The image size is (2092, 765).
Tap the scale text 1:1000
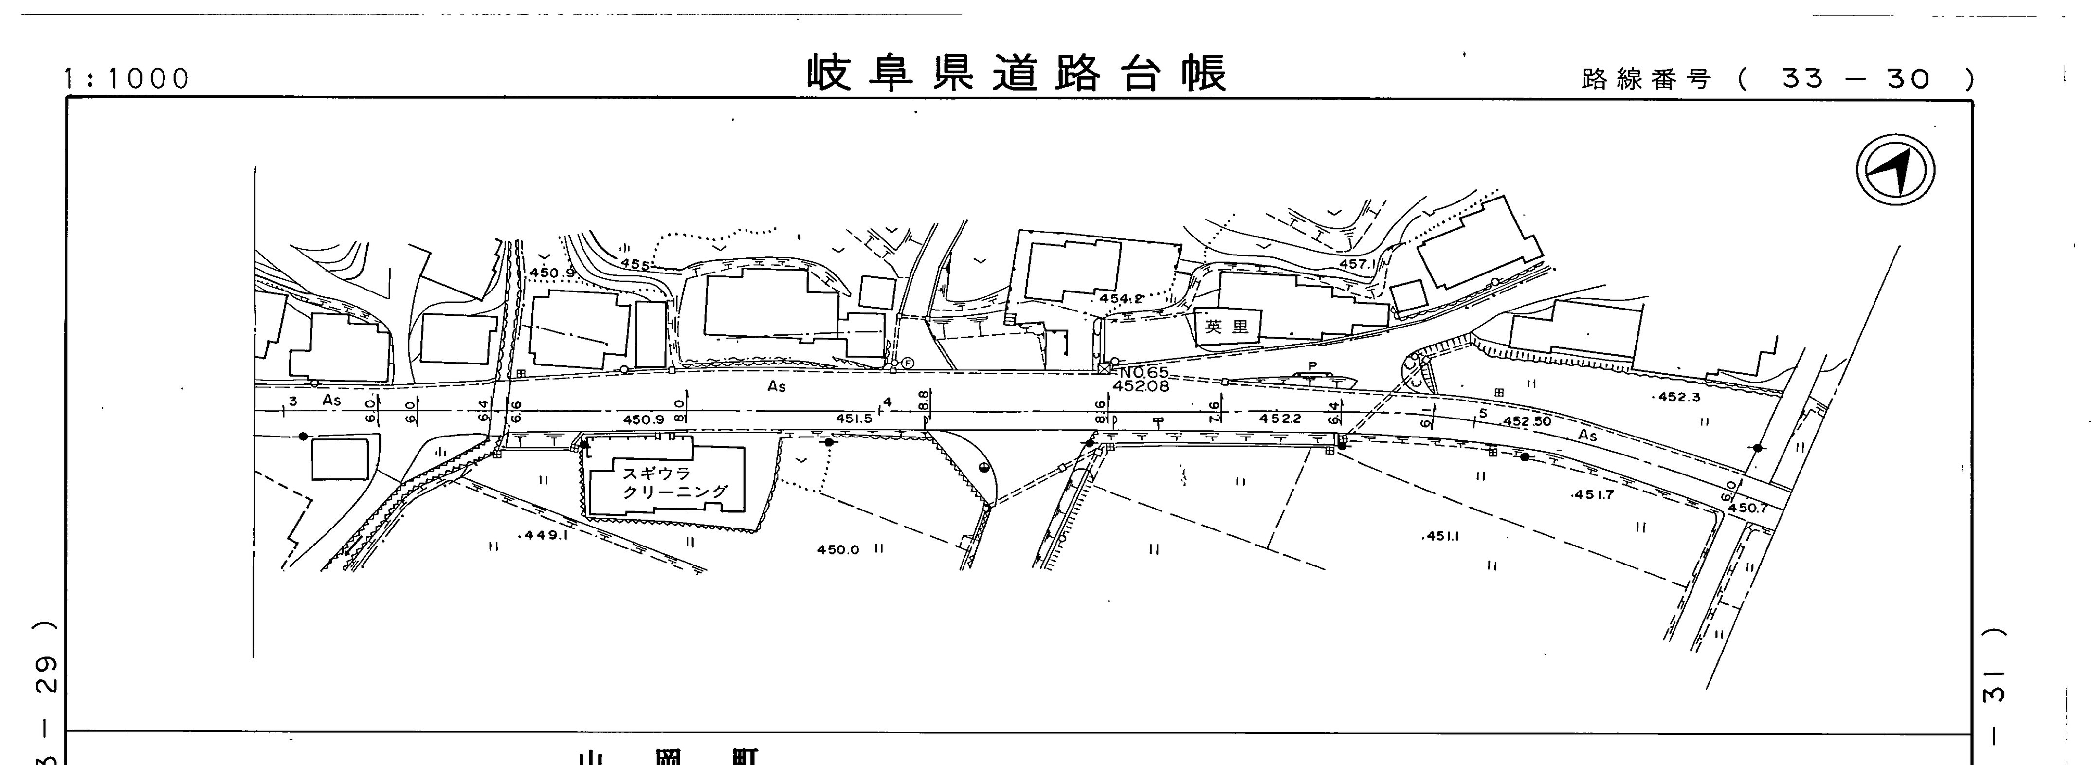point(127,79)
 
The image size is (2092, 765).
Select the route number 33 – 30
point(1855,79)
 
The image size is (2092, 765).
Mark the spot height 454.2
point(1121,299)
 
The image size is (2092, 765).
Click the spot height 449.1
point(544,535)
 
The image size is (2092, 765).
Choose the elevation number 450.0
point(837,550)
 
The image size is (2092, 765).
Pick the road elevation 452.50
point(1526,422)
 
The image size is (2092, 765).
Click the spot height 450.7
point(1747,509)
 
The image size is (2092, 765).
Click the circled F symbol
point(907,363)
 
